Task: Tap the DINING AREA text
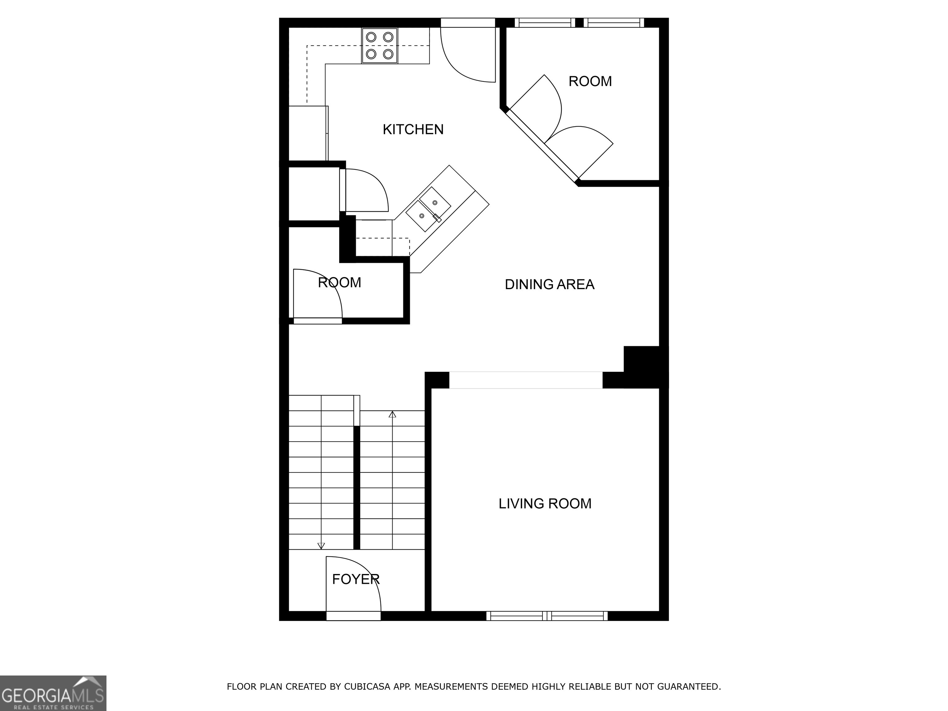[549, 285]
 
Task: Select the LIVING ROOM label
[544, 504]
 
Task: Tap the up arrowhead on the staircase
[392, 414]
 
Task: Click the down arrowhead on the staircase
[321, 546]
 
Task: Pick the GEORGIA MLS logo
[53, 693]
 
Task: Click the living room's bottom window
[547, 616]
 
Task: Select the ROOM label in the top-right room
[590, 81]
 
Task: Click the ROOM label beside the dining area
[339, 283]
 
